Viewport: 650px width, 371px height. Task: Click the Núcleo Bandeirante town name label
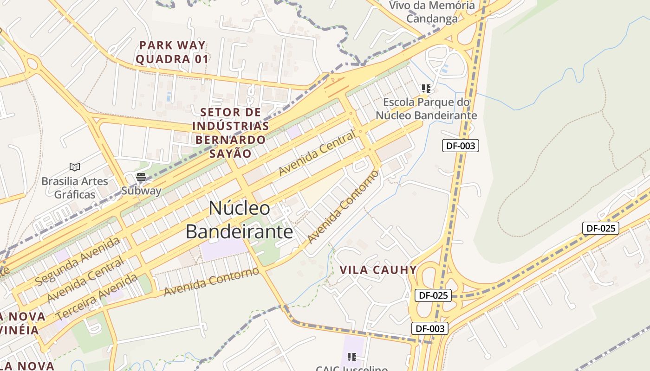point(239,220)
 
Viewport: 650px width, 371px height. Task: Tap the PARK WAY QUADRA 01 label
point(172,52)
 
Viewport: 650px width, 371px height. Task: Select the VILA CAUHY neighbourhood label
point(378,270)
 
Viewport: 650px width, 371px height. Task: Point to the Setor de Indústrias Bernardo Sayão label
point(230,133)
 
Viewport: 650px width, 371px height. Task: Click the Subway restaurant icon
point(141,177)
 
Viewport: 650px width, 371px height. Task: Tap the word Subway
point(141,191)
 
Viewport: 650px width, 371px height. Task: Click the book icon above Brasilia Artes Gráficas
point(74,167)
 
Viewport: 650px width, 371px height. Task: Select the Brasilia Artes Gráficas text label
point(74,187)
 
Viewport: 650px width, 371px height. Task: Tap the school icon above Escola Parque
point(426,88)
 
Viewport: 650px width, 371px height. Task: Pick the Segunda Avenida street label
point(78,261)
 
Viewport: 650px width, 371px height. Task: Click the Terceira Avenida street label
point(97,296)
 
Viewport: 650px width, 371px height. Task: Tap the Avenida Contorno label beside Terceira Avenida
point(211,281)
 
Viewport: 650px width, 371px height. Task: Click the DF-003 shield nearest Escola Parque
point(460,146)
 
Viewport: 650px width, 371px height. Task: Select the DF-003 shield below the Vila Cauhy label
point(430,328)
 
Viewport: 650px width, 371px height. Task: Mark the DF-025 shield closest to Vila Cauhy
point(433,295)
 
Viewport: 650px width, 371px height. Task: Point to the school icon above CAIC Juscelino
point(352,357)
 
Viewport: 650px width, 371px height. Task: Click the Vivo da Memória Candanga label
point(432,12)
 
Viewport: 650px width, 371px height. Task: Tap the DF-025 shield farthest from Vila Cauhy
point(600,228)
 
